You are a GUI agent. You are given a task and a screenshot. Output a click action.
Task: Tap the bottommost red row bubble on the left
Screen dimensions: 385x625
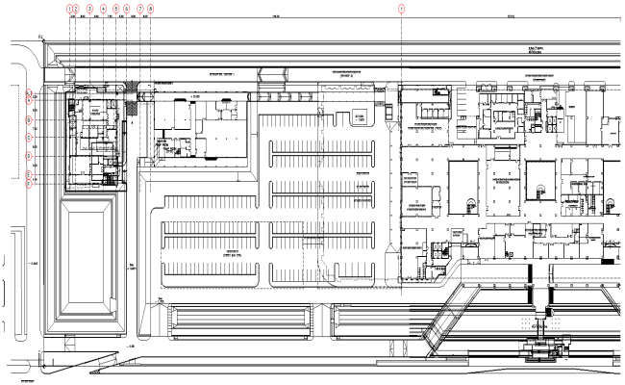tap(30, 184)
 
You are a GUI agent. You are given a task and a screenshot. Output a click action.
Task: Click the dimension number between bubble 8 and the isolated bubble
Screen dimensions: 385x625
tap(276, 16)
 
